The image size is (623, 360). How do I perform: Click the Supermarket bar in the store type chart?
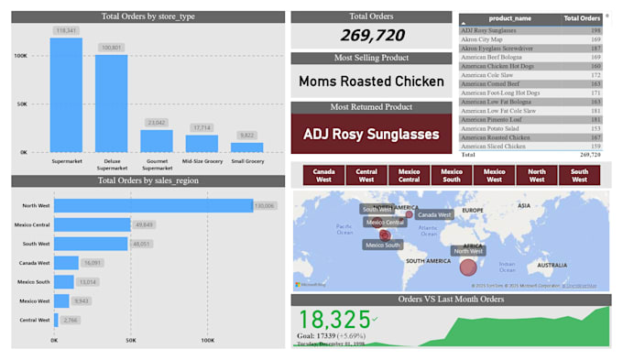66,96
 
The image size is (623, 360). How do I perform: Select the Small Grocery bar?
246,147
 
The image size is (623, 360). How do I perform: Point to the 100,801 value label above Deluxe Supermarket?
111,47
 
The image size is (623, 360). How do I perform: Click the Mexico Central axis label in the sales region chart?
32,224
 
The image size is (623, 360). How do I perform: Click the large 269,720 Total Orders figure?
372,35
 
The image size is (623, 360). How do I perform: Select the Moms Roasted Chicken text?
372,81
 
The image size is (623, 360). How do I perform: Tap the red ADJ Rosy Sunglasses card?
372,134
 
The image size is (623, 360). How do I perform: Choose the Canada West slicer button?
323,175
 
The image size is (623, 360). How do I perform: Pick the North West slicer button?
537,175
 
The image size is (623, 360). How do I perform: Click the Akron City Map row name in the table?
482,39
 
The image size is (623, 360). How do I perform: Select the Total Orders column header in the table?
582,18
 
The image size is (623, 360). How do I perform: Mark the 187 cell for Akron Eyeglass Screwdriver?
595,49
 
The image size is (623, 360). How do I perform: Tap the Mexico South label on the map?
383,245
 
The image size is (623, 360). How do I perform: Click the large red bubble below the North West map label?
468,267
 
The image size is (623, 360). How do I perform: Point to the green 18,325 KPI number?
333,320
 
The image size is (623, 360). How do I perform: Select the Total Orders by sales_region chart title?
148,180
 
